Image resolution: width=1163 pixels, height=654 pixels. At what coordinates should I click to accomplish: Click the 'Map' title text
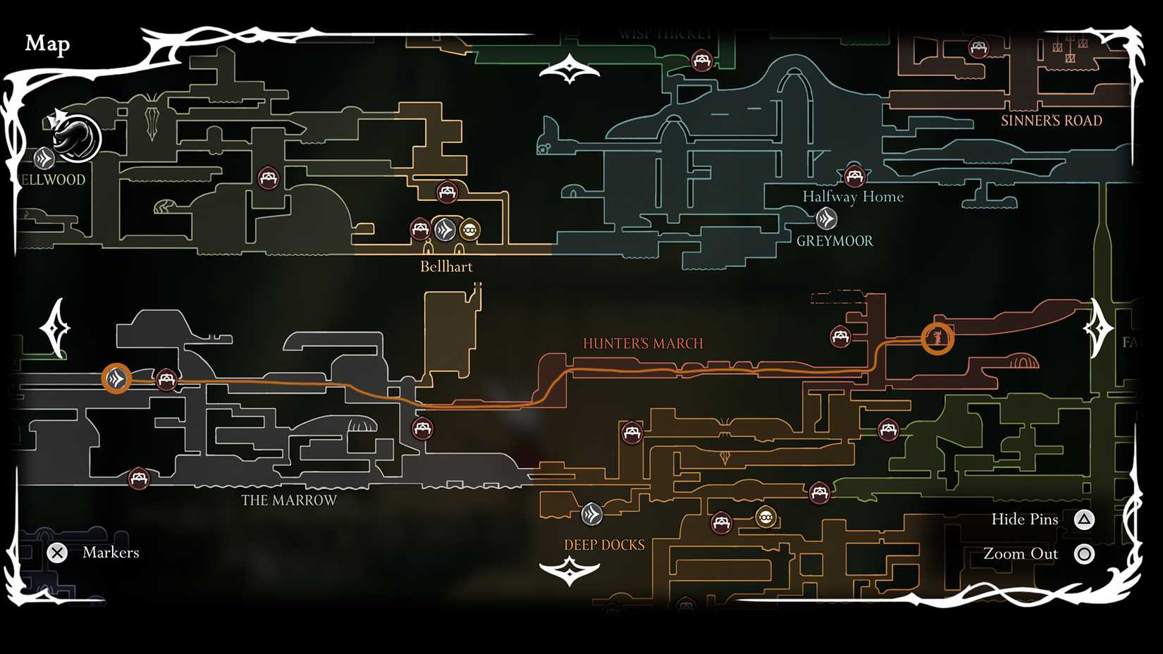point(47,44)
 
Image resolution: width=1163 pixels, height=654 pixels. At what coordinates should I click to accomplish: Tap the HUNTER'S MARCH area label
point(643,343)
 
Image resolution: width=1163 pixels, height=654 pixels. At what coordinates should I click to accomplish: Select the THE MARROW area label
point(289,500)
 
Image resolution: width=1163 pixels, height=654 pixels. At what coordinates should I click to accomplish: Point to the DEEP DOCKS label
point(604,545)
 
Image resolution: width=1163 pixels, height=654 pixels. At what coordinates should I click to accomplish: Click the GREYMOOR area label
point(835,241)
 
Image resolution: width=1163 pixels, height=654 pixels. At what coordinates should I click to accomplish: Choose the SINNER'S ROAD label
point(1051,121)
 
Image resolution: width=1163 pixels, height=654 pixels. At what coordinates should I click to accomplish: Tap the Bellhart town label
point(446,266)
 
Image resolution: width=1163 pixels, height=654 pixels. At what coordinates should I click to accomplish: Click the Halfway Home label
point(853,197)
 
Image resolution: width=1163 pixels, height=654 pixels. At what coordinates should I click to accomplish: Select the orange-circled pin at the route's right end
point(937,338)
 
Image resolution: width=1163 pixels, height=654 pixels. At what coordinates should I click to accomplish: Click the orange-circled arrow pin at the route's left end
point(116,379)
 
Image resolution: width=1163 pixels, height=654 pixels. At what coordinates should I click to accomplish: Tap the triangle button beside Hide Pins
point(1084,520)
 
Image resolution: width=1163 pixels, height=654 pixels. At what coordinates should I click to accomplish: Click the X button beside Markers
point(57,553)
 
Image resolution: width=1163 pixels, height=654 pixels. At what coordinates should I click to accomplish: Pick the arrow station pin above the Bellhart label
point(445,229)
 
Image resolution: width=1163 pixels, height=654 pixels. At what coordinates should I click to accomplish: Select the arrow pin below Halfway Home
point(826,219)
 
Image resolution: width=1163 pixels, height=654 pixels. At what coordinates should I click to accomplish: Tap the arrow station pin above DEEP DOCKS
point(591,514)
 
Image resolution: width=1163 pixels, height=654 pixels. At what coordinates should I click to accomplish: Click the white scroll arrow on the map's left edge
point(55,328)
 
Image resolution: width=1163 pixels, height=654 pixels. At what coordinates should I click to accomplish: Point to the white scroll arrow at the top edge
point(569,70)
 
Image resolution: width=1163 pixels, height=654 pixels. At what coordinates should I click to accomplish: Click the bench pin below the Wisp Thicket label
point(701,61)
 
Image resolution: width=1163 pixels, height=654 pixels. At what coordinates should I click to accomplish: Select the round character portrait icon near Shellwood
point(76,137)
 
